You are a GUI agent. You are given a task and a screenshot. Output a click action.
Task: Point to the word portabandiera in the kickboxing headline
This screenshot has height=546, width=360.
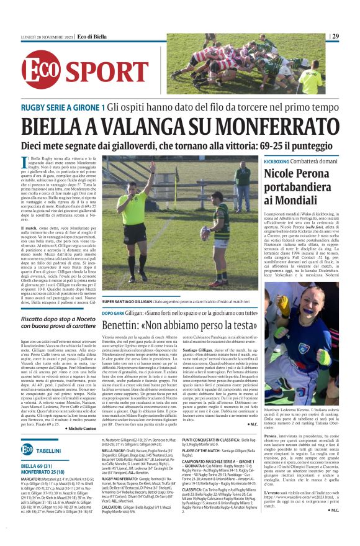(x=297, y=186)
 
